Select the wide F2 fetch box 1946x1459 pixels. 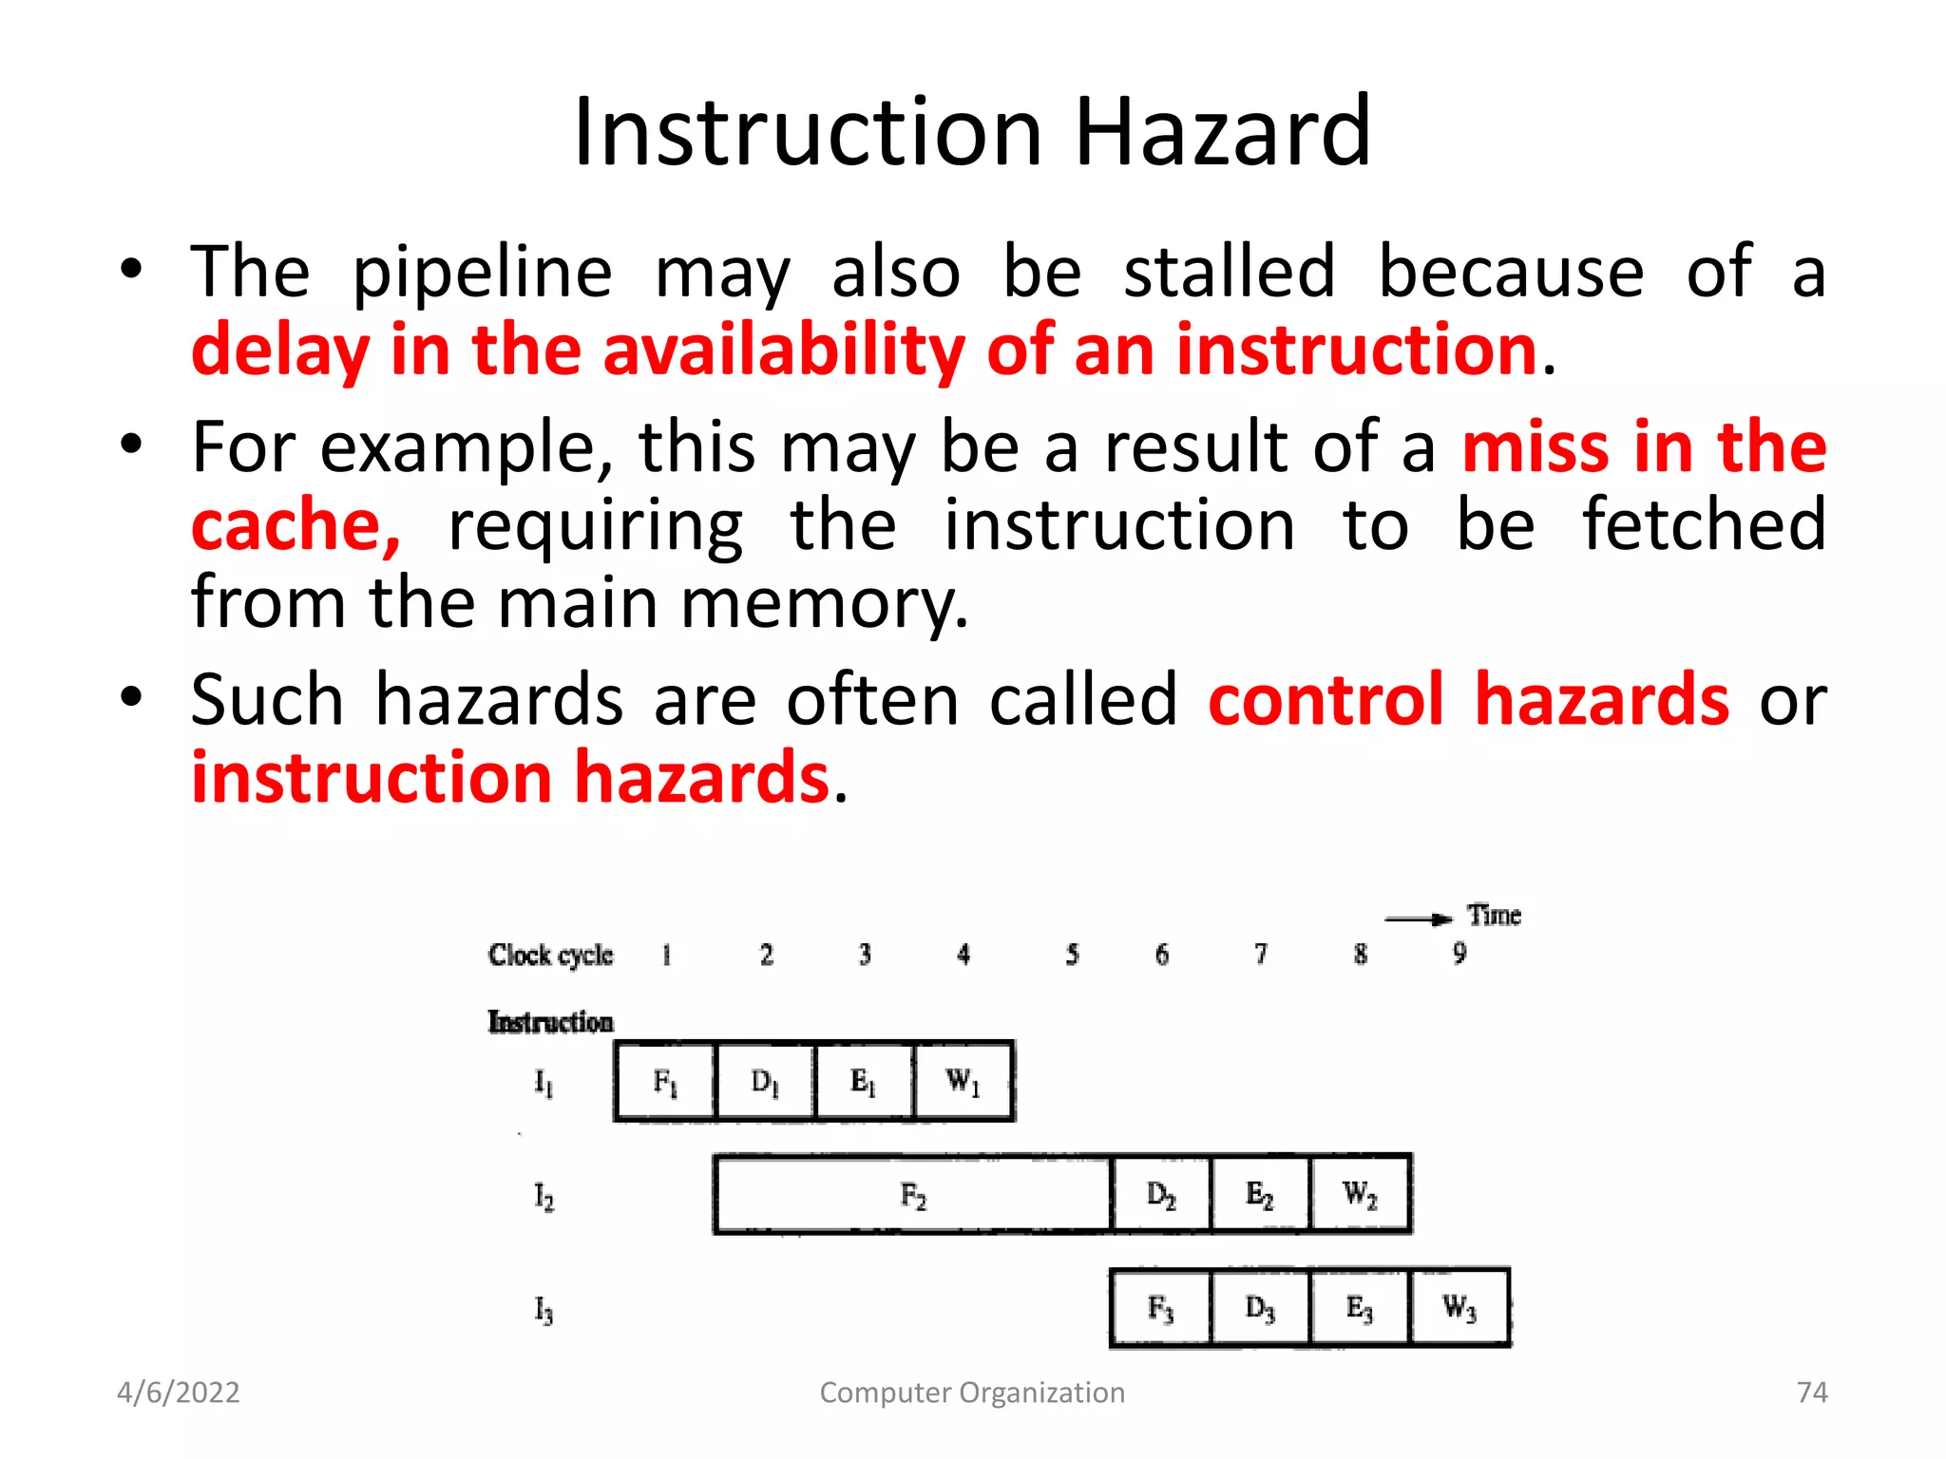point(912,1195)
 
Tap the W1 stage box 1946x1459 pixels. point(963,1081)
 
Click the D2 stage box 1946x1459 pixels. point(1161,1195)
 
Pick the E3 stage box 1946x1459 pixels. point(1360,1308)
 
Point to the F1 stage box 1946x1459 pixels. point(665,1081)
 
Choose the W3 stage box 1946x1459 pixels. point(1459,1308)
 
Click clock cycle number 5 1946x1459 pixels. point(1072,954)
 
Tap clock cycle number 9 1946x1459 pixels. point(1459,953)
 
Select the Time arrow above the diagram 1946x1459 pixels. point(1418,919)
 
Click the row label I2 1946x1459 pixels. point(544,1197)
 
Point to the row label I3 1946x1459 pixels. point(544,1311)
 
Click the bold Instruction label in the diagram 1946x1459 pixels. point(550,1022)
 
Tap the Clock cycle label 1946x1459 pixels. point(550,955)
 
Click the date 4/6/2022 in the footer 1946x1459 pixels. point(178,1393)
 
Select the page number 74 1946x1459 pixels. point(1812,1393)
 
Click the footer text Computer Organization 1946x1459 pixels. point(972,1393)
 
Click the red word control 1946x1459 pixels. point(1326,700)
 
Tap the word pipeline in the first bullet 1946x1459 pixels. point(483,274)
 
